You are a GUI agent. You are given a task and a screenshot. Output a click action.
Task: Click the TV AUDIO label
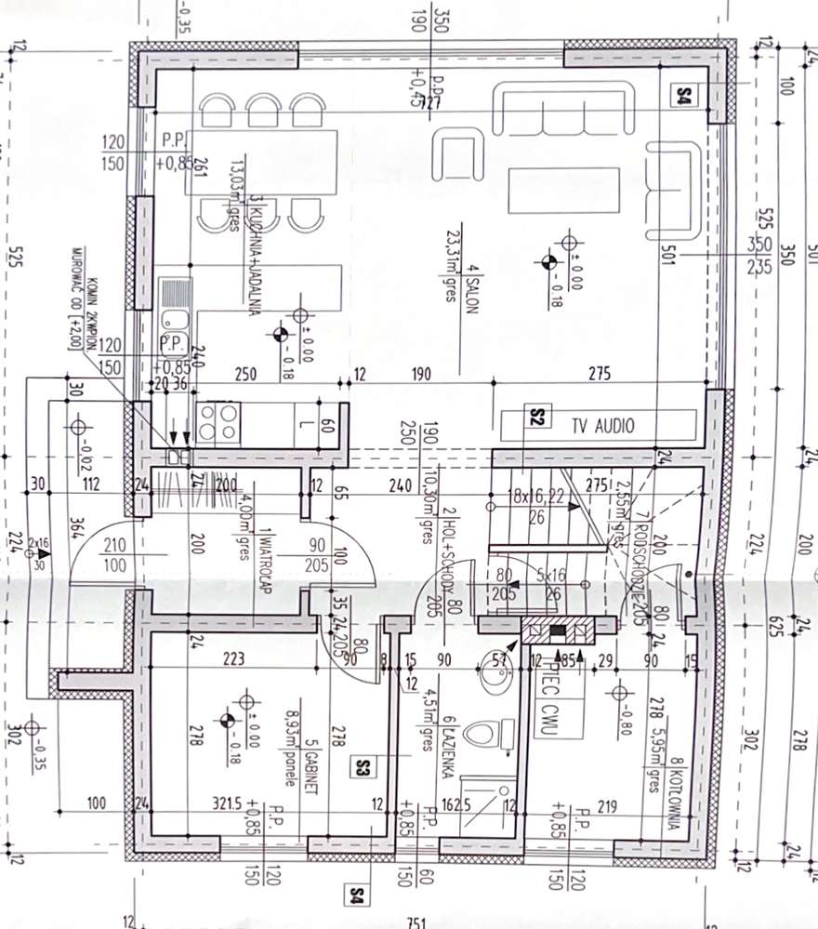click(602, 427)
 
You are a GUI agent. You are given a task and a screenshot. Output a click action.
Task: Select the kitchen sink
click(174, 315)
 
